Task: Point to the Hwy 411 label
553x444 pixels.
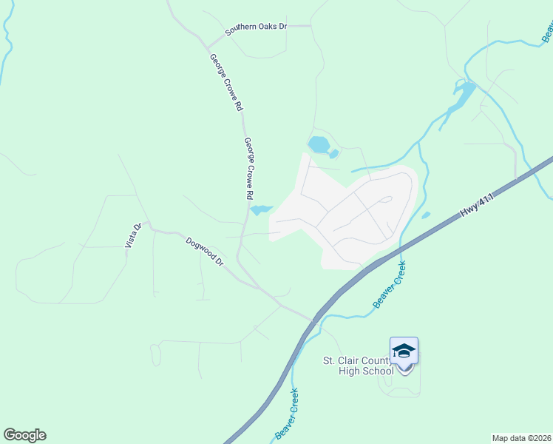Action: click(476, 202)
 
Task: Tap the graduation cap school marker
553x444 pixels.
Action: click(404, 351)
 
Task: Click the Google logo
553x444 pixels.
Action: click(24, 435)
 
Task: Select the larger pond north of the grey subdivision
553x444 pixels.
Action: click(319, 144)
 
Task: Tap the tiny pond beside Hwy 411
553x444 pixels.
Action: click(426, 215)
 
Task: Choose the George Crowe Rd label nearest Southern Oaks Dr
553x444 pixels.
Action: click(225, 82)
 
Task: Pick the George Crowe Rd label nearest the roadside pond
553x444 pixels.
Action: click(249, 169)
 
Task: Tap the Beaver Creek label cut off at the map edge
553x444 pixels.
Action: click(548, 30)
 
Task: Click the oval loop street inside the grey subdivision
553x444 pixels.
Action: click(385, 200)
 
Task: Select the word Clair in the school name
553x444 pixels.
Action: click(351, 360)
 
